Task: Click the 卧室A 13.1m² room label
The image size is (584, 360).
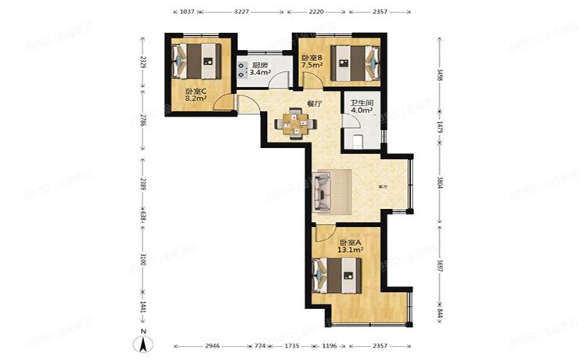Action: point(350,247)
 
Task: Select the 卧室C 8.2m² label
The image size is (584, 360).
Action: point(196,95)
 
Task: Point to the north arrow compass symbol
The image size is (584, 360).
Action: point(145,342)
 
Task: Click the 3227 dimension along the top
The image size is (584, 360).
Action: point(243,13)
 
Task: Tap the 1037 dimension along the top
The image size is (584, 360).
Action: point(186,13)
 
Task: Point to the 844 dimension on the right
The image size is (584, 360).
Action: point(440,314)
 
